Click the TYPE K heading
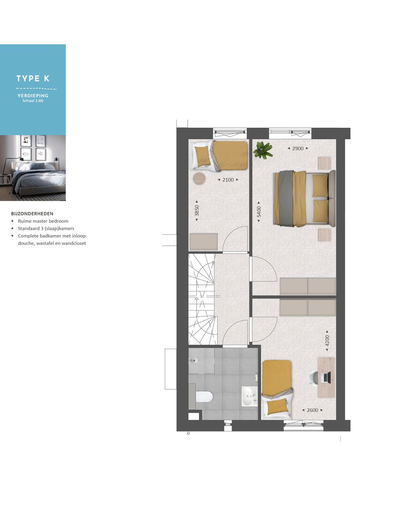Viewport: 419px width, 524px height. tap(33, 78)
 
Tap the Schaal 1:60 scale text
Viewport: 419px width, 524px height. tap(33, 101)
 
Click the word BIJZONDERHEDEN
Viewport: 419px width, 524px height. tap(32, 213)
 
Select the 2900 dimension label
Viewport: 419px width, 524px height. tap(298, 149)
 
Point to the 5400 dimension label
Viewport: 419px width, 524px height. tap(259, 212)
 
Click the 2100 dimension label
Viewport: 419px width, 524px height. tap(228, 180)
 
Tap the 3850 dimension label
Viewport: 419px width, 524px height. tap(197, 211)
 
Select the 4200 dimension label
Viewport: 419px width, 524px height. tap(327, 341)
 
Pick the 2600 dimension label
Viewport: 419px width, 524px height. tap(312, 410)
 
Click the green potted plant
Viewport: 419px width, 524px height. tap(263, 150)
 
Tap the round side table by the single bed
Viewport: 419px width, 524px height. tap(199, 178)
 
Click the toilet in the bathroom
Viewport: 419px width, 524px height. tap(204, 397)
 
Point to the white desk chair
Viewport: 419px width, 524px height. tap(313, 378)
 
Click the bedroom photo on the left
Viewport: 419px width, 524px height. tap(33, 168)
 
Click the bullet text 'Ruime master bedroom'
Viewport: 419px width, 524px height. tap(43, 221)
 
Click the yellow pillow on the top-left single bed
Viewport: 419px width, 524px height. tap(202, 156)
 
